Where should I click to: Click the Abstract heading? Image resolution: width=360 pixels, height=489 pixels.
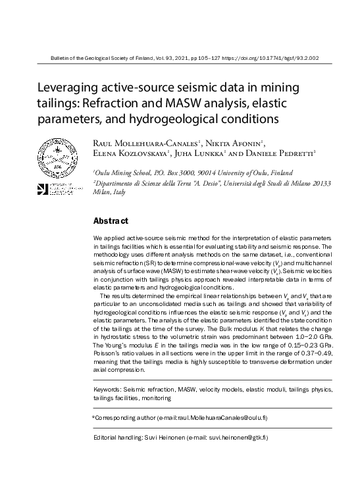(x=110, y=221)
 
